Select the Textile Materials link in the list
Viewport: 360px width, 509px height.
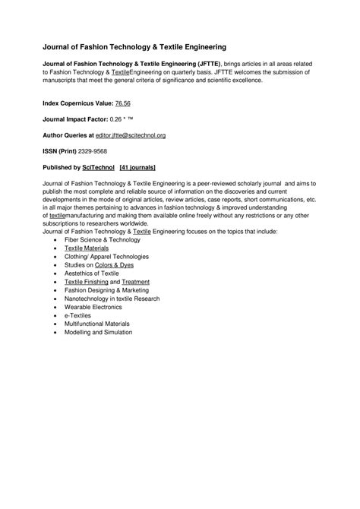(x=86, y=248)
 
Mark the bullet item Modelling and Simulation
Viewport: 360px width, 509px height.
(x=98, y=331)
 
